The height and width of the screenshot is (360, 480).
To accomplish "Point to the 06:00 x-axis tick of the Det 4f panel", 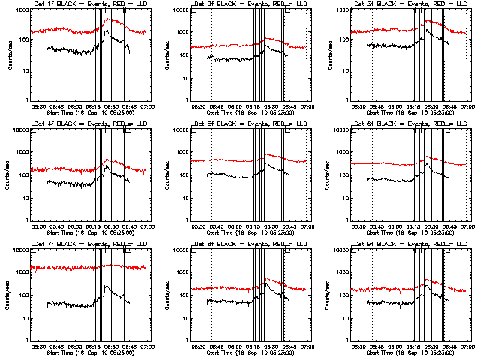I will tap(76, 226).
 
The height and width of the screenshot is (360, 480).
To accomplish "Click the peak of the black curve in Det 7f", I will tap(106, 286).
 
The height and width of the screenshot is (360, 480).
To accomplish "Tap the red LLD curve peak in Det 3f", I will tap(427, 20).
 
